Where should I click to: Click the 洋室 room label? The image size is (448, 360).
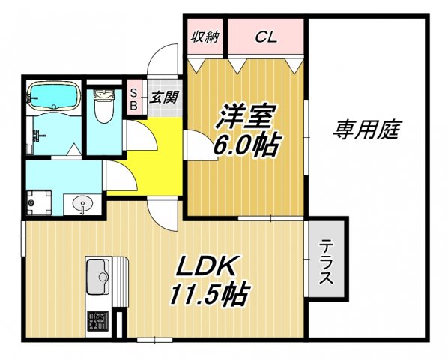pos(246,117)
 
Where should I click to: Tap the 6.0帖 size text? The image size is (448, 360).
pos(246,145)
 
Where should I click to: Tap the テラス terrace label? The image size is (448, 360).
pos(326,262)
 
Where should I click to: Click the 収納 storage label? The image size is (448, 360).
pos(205,36)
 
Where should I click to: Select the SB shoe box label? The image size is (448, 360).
pos(133,99)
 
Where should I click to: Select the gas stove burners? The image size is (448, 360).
pos(97,322)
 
